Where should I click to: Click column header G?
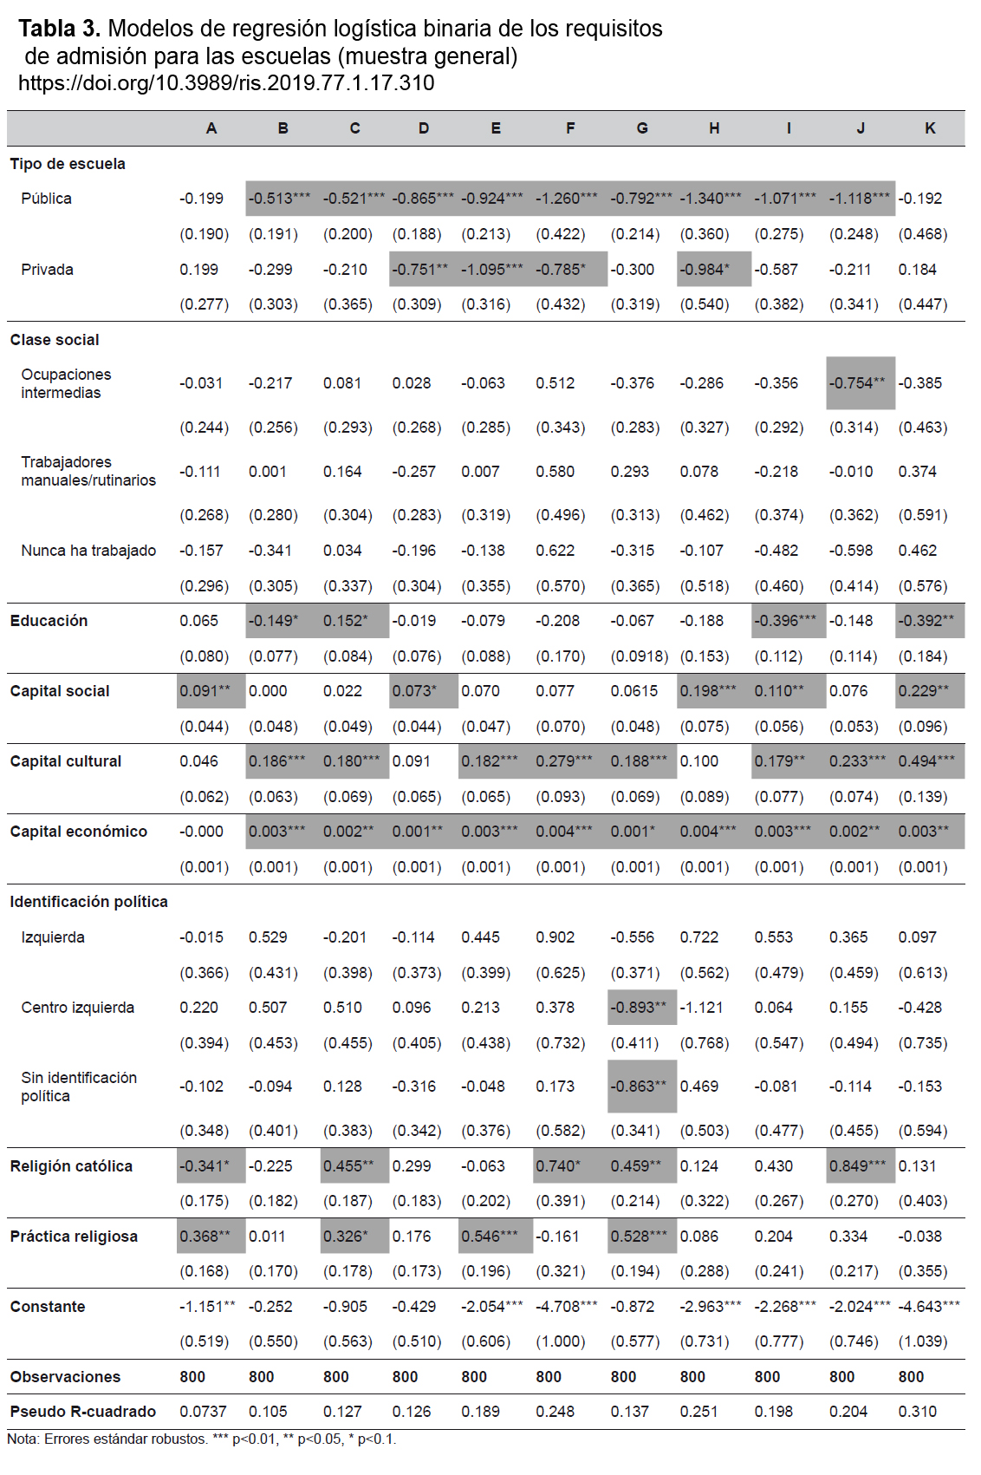(642, 127)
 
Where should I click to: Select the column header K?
(930, 127)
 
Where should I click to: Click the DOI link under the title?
(226, 83)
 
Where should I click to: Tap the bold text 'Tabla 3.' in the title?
(59, 29)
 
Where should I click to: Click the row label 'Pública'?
(46, 199)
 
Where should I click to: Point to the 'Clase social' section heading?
(55, 340)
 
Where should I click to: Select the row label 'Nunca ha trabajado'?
(88, 551)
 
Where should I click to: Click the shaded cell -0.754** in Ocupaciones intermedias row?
(857, 383)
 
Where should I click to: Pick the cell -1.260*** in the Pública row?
(567, 199)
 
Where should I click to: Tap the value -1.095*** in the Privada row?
(492, 270)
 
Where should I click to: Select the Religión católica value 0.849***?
(857, 1165)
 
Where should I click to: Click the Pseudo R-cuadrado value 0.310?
(917, 1412)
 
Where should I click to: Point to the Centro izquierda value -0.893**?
(638, 1008)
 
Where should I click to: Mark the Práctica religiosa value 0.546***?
(490, 1236)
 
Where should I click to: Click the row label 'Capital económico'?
(78, 832)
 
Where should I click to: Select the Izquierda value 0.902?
(555, 937)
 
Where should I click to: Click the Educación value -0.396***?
(786, 620)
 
